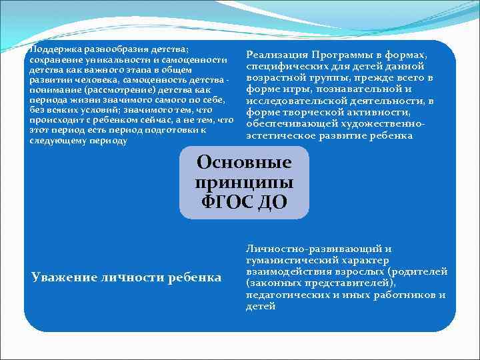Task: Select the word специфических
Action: (285, 67)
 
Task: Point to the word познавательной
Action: (368, 89)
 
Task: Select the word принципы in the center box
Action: (244, 182)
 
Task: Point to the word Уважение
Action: (63, 277)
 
